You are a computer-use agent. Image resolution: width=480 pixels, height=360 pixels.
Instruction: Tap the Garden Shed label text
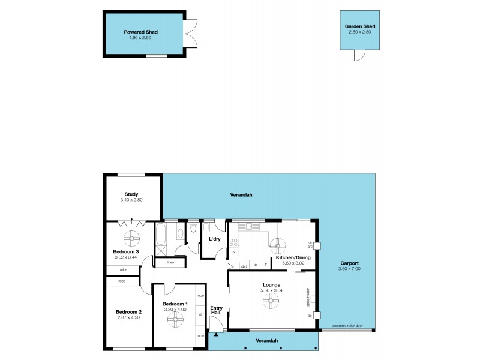click(360, 26)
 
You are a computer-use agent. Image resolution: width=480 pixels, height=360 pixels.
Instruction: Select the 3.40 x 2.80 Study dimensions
click(131, 199)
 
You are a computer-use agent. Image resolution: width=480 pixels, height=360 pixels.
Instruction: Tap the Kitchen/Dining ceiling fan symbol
click(277, 245)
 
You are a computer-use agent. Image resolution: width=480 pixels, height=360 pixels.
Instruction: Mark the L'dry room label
click(214, 239)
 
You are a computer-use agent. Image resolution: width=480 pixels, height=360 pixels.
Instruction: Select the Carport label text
click(349, 263)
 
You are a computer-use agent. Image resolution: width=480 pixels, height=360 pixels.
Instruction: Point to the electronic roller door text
click(347, 326)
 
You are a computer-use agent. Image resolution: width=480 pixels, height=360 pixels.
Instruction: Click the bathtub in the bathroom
click(161, 239)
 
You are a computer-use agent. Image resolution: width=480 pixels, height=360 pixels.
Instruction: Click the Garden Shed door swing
click(358, 55)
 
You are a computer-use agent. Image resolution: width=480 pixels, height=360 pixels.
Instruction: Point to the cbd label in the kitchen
click(244, 265)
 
